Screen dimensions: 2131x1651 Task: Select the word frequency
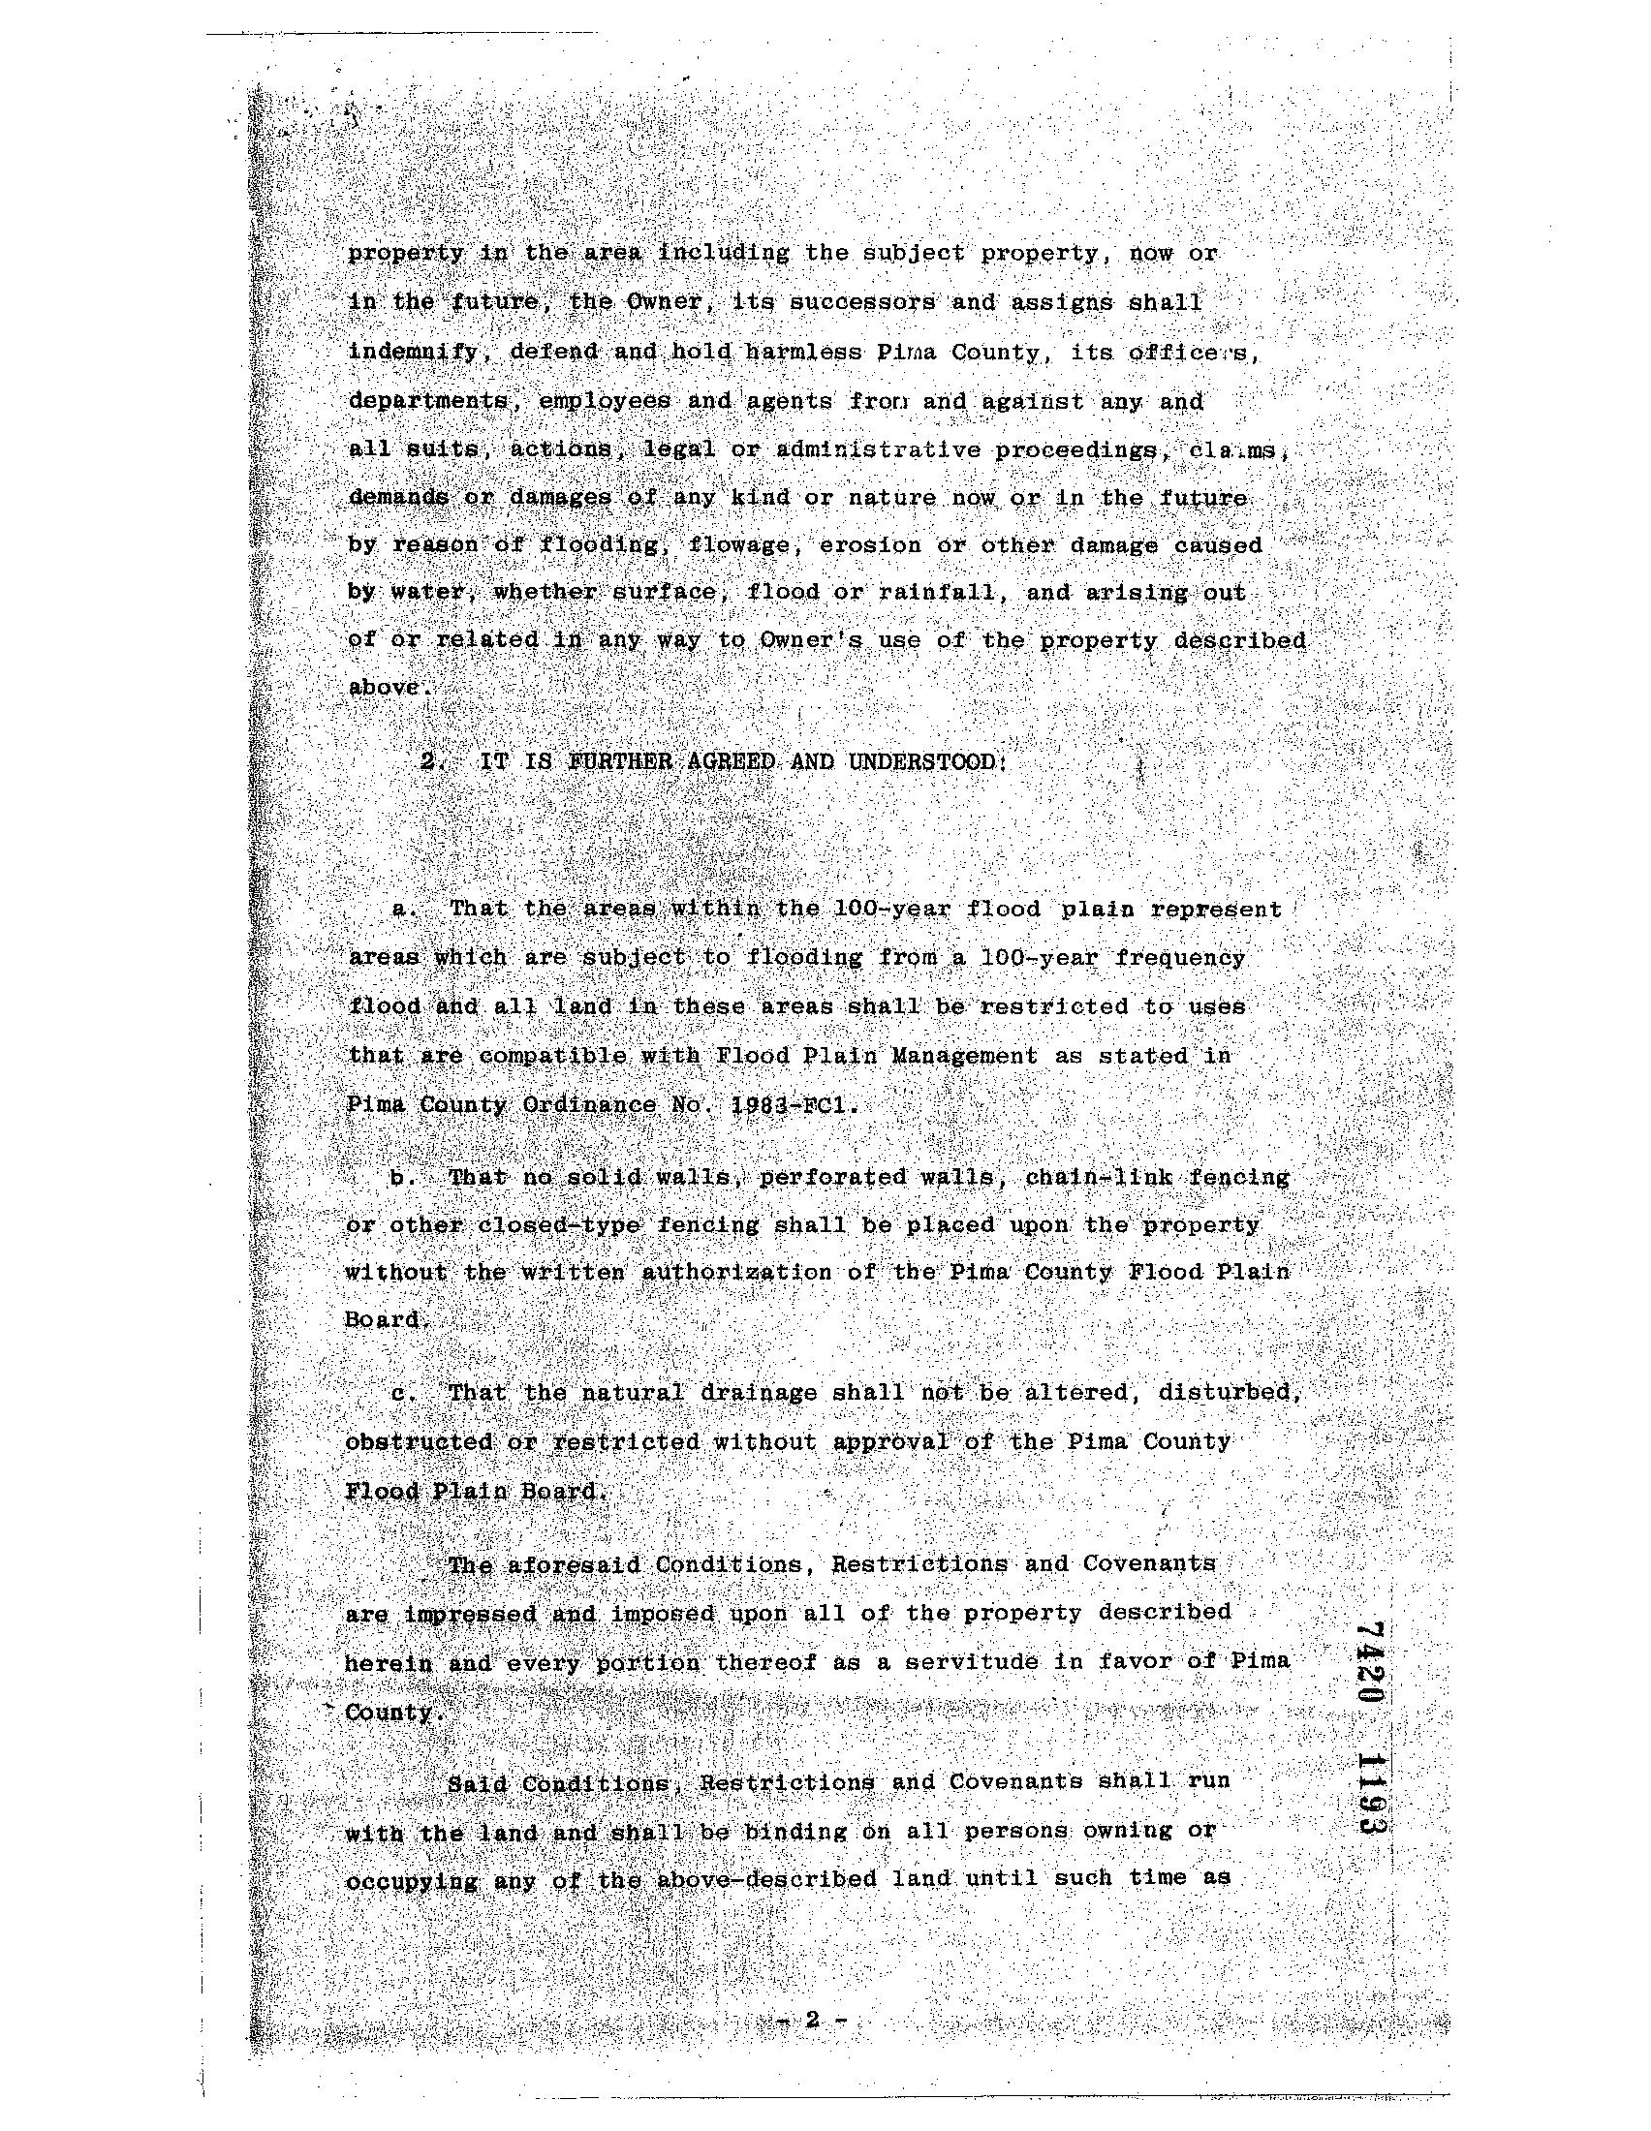coord(1180,958)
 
